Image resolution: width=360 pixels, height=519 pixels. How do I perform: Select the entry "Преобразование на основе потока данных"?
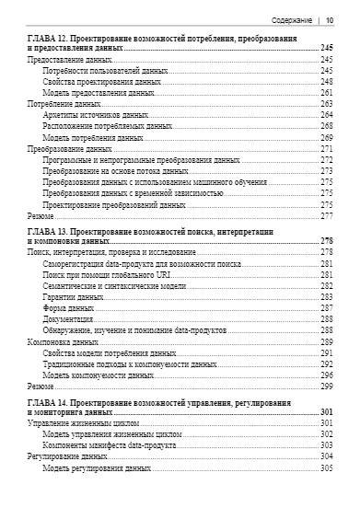[x=115, y=170]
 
